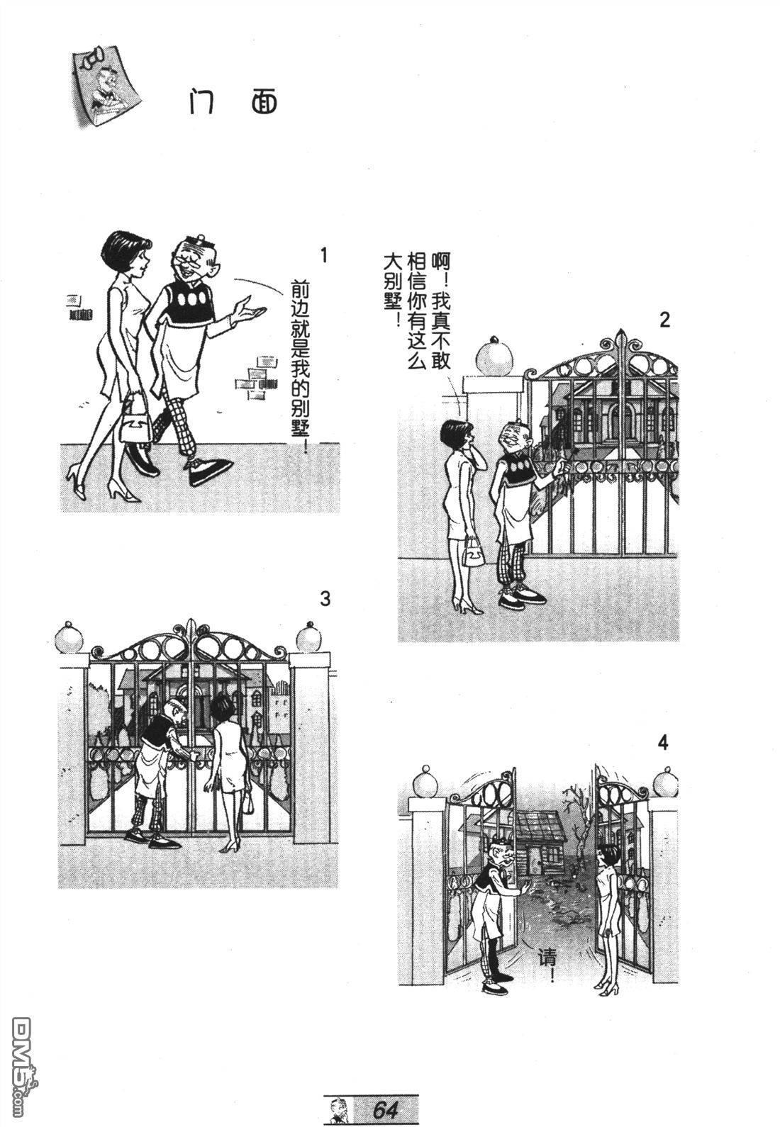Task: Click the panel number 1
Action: tap(324, 255)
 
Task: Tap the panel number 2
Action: tap(664, 320)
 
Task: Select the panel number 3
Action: tap(325, 599)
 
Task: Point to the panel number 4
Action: tap(662, 743)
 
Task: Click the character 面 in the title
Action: tap(264, 103)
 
